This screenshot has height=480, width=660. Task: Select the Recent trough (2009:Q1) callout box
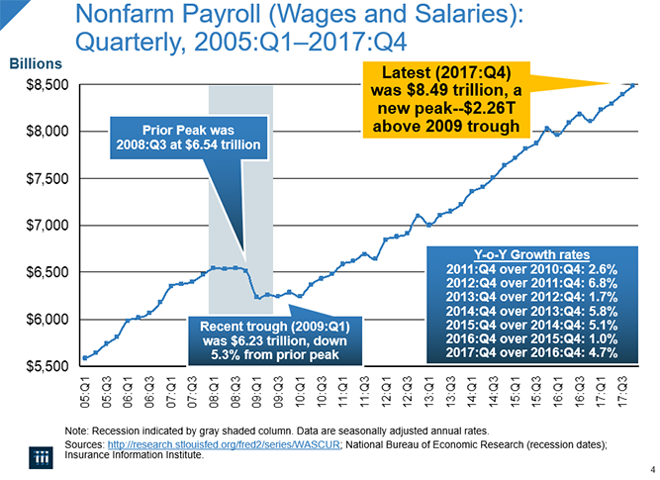[x=270, y=339]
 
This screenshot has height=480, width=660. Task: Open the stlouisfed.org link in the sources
[x=225, y=445]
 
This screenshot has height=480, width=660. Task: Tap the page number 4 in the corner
[x=651, y=469]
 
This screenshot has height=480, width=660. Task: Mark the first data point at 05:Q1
[x=86, y=357]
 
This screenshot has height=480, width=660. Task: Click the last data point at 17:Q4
[x=634, y=85]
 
